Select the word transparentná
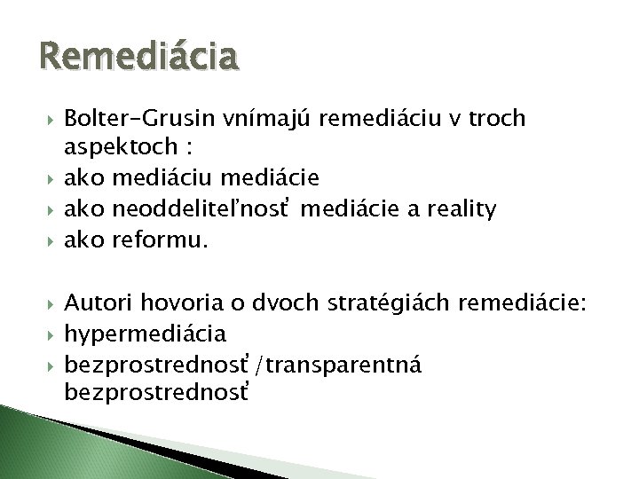[x=320, y=364]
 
